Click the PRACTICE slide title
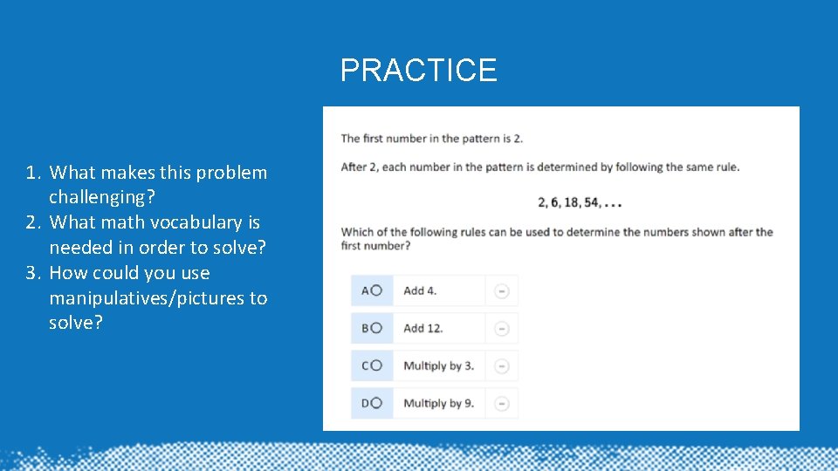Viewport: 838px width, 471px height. (x=418, y=70)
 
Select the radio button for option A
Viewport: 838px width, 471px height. (x=376, y=290)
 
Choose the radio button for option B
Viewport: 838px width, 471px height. (x=376, y=328)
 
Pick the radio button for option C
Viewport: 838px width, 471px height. (x=376, y=365)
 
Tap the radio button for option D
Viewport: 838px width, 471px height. (x=376, y=403)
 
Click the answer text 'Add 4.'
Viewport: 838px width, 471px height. (x=420, y=290)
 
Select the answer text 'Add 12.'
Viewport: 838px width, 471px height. (x=423, y=328)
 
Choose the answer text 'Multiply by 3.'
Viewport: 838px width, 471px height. (x=438, y=365)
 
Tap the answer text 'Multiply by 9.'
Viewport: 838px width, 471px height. (x=438, y=403)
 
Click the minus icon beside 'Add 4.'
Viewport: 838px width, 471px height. (x=502, y=291)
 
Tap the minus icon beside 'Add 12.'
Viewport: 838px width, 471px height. (x=502, y=329)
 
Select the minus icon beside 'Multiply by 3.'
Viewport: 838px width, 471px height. (x=502, y=366)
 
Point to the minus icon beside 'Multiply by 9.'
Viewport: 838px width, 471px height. (x=502, y=404)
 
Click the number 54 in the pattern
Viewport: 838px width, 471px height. (x=592, y=202)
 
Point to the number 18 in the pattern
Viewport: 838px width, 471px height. (x=572, y=202)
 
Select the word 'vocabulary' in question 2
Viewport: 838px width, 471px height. (x=178, y=222)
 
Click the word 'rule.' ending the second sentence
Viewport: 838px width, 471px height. (x=726, y=167)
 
